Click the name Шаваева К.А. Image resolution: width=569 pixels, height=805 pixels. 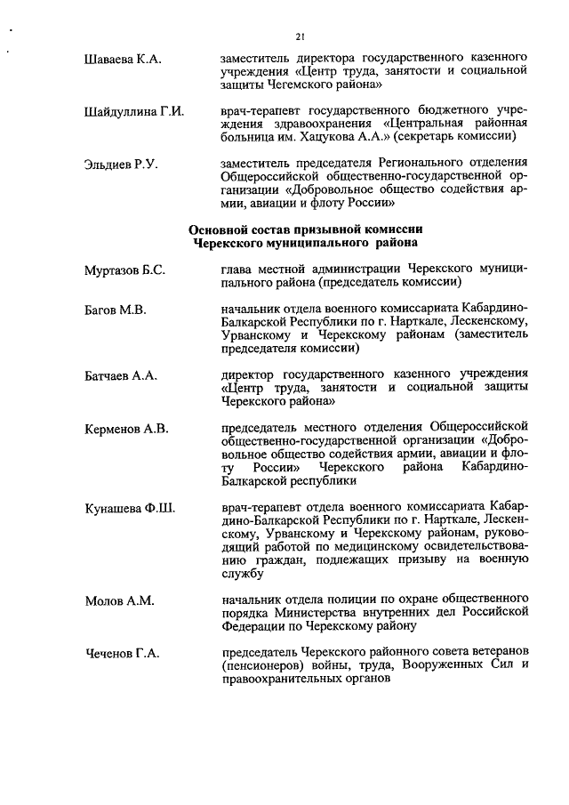click(x=120, y=59)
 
